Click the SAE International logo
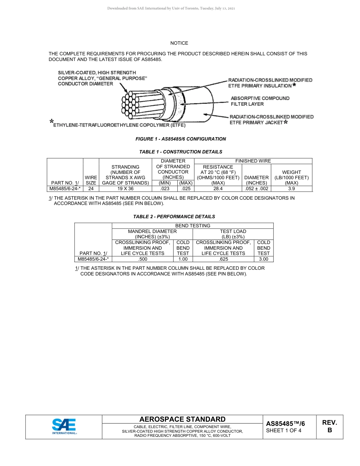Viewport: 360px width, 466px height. [64, 426]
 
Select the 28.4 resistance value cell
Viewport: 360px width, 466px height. [218, 188]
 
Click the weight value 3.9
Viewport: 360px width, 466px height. [291, 188]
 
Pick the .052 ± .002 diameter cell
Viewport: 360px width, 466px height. [257, 188]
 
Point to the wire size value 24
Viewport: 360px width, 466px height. [91, 188]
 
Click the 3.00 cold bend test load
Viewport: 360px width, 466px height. [263, 259]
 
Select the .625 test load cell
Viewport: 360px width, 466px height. [223, 259]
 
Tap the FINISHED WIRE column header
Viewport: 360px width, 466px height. [253, 161]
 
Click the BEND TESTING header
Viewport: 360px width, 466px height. [193, 226]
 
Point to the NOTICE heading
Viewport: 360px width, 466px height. [179, 43]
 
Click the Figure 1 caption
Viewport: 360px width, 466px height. [181, 139]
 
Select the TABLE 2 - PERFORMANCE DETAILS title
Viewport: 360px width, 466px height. [174, 217]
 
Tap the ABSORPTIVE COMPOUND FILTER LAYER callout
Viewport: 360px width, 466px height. [260, 101]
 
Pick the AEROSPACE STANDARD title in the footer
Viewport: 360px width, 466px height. [182, 419]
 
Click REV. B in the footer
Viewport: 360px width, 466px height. [329, 426]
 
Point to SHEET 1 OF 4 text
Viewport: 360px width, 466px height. [284, 430]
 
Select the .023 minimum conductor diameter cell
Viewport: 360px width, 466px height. [165, 188]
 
